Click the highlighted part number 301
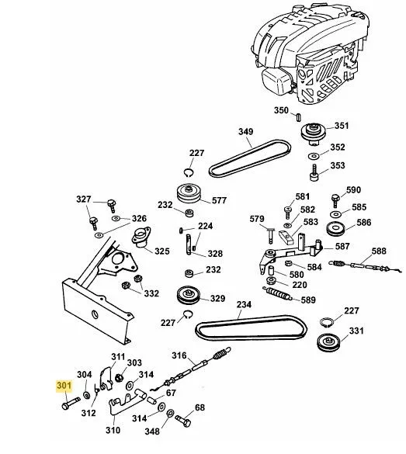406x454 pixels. click(64, 386)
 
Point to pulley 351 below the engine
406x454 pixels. click(314, 133)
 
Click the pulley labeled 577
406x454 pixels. click(189, 193)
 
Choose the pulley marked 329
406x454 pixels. click(189, 296)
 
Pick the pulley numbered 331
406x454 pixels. click(328, 342)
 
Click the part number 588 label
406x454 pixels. click(378, 251)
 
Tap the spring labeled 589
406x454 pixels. click(277, 294)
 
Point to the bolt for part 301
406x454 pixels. click(71, 403)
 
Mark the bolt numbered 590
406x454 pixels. click(335, 199)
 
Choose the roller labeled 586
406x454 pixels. click(335, 229)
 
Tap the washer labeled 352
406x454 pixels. click(314, 156)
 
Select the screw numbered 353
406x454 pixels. click(314, 173)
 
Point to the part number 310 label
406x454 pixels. click(113, 430)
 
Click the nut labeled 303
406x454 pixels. click(120, 378)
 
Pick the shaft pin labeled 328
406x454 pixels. click(189, 244)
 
